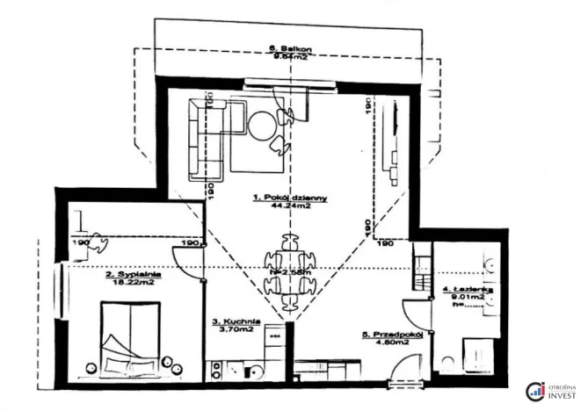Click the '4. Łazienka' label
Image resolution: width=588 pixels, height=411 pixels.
(466, 289)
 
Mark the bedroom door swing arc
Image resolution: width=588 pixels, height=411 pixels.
(187, 263)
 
